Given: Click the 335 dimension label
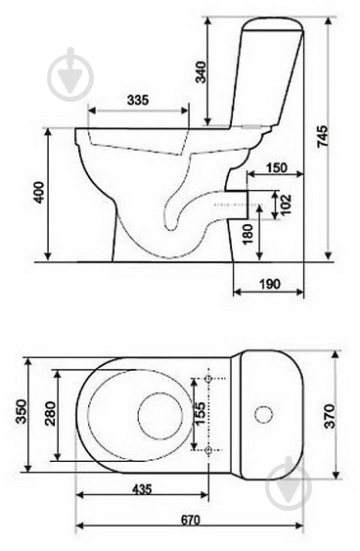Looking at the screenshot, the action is (138, 100).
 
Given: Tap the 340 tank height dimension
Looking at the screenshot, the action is (201, 72).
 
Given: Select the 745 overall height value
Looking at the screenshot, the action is (323, 136).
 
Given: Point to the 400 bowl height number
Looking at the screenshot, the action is (38, 192).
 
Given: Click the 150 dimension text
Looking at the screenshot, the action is (277, 167).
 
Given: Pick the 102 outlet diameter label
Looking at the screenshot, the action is (286, 205).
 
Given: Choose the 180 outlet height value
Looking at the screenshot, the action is (247, 234).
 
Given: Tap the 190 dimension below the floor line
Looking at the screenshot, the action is (270, 284).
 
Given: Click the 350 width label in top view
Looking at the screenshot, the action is (21, 411).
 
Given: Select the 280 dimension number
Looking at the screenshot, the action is (50, 414).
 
